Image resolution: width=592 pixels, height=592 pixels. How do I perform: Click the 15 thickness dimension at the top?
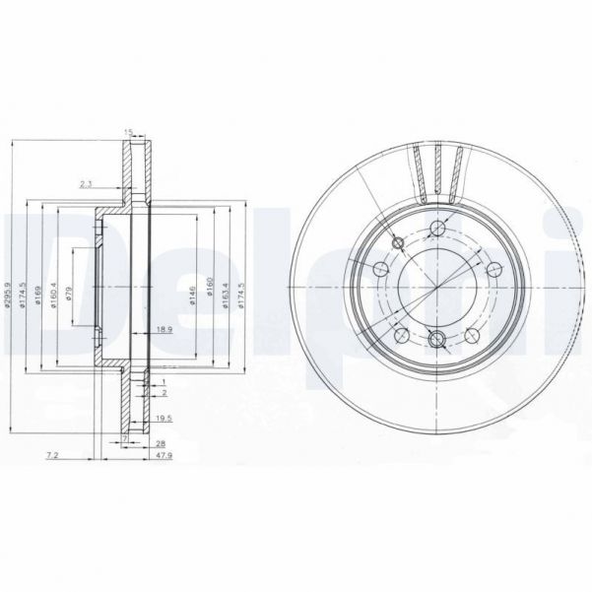(128, 132)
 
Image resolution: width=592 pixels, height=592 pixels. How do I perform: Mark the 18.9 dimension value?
(164, 329)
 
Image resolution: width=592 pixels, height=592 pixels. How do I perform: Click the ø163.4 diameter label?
(225, 295)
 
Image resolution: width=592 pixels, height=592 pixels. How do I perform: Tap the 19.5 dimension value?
(163, 419)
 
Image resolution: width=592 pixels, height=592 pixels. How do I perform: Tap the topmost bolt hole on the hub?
(434, 229)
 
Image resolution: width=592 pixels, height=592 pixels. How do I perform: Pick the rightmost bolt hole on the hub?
(492, 268)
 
